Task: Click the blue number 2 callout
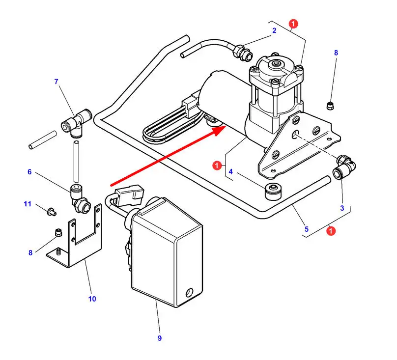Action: [274, 30]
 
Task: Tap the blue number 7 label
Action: [56, 82]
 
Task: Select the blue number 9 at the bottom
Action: [160, 338]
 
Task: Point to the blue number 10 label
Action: [92, 299]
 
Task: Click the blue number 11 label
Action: [28, 204]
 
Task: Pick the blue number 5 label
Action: [307, 229]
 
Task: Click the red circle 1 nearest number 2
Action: [293, 24]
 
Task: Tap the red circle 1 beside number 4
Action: [217, 166]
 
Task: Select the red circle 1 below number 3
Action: [331, 231]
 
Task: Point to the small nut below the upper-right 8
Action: [330, 106]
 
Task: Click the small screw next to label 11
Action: [52, 211]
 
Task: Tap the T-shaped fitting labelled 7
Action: [77, 123]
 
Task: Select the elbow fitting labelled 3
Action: [344, 167]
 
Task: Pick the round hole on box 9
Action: [189, 292]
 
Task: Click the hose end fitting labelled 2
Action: [243, 52]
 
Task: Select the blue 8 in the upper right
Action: [336, 53]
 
